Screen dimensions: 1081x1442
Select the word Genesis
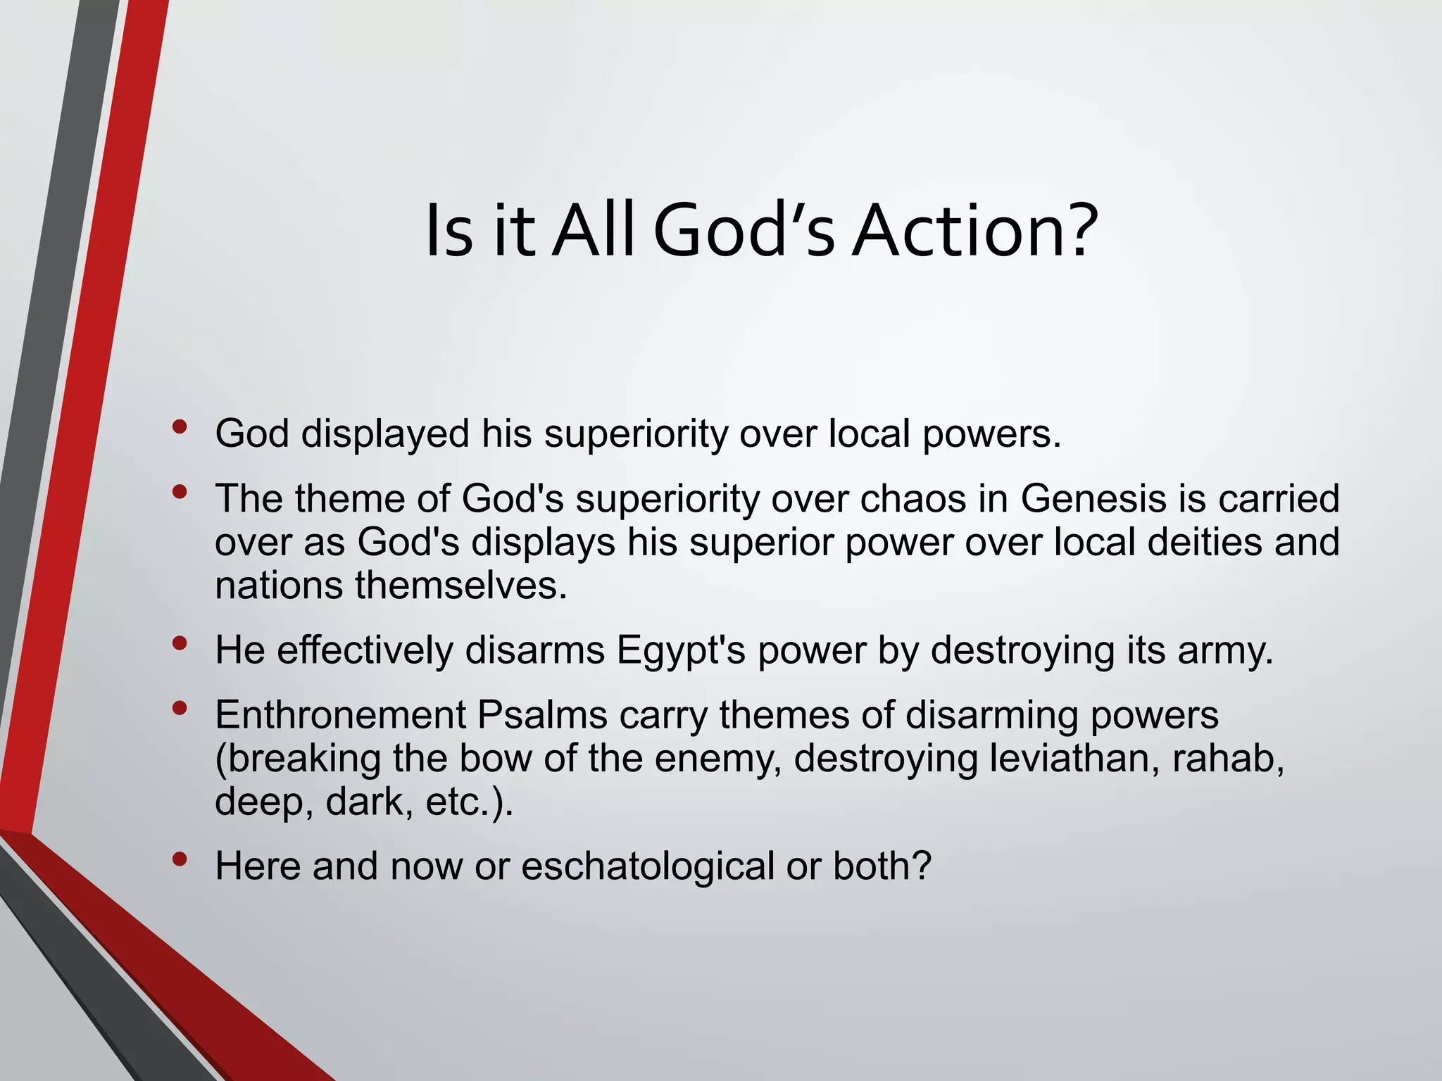1092,499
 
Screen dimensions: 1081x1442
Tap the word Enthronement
341,715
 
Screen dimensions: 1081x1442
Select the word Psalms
542,715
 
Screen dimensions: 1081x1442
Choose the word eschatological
648,866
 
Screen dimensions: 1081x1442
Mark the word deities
1205,543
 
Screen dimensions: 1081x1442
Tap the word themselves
461,586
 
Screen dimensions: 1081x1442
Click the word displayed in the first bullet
385,434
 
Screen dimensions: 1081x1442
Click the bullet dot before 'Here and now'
180,859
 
